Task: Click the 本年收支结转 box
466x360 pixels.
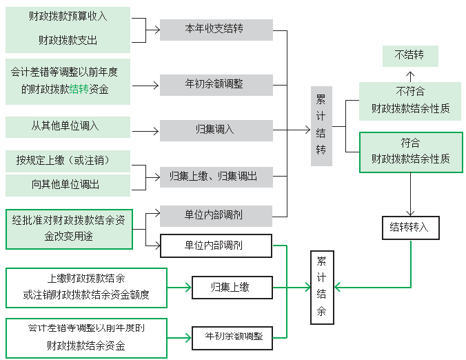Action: [x=216, y=30]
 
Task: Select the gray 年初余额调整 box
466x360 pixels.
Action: [x=216, y=85]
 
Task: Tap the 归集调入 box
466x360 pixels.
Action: [x=216, y=129]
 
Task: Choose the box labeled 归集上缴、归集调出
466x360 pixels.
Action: [x=216, y=177]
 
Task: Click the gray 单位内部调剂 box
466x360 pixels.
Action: [x=216, y=215]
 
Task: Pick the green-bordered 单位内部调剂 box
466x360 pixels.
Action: [x=216, y=245]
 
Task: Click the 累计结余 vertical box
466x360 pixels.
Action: [x=321, y=287]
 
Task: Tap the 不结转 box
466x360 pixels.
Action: [x=409, y=56]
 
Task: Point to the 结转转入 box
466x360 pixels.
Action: [x=409, y=228]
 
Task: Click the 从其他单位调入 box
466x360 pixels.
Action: [x=67, y=127]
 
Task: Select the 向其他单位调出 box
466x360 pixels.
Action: [x=67, y=185]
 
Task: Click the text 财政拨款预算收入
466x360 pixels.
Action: [x=68, y=16]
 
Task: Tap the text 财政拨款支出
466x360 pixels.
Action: [x=68, y=41]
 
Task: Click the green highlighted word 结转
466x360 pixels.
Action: [x=79, y=90]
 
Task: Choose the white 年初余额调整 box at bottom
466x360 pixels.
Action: [x=233, y=336]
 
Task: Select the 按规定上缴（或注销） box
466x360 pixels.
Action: [x=67, y=161]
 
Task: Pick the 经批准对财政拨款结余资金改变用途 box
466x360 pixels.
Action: [x=68, y=228]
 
